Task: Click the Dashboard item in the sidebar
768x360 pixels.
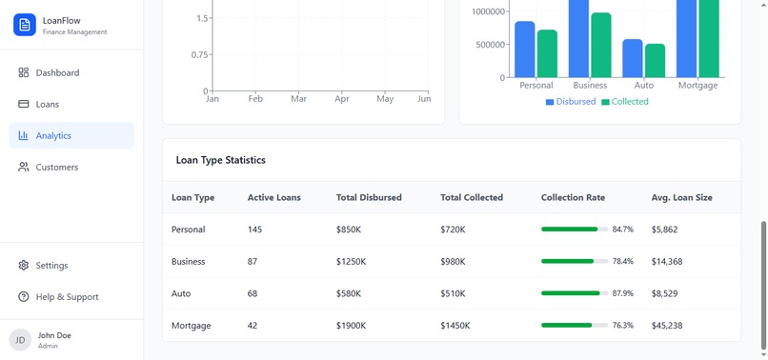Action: click(x=57, y=72)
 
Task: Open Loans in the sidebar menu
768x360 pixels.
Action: click(x=47, y=104)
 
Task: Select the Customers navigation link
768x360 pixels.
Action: click(x=56, y=167)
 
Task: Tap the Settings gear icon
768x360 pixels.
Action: click(x=24, y=266)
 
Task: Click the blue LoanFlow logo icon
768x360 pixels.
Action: click(x=25, y=25)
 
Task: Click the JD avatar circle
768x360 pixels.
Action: click(x=20, y=340)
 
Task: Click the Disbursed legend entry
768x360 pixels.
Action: click(x=571, y=102)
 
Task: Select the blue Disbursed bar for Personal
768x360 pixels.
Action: click(x=524, y=50)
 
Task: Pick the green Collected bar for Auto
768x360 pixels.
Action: click(x=655, y=60)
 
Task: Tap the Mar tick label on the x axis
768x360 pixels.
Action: click(x=298, y=99)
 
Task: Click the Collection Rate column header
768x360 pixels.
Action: click(x=573, y=198)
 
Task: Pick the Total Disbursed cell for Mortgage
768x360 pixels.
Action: click(x=355, y=326)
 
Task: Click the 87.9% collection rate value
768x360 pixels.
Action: click(x=623, y=293)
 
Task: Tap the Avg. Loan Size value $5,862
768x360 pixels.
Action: click(x=666, y=230)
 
